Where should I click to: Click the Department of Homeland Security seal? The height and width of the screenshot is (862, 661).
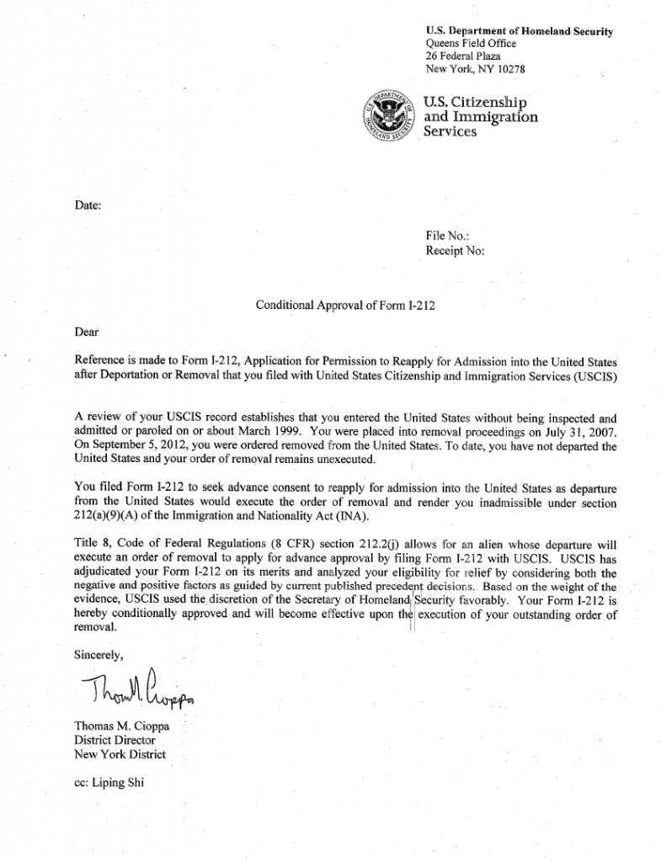tap(389, 117)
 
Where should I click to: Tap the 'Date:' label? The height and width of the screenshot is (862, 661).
tap(88, 205)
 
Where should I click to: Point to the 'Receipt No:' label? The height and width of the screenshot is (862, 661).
tap(456, 251)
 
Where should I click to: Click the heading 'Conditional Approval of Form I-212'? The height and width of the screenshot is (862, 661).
tap(345, 305)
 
